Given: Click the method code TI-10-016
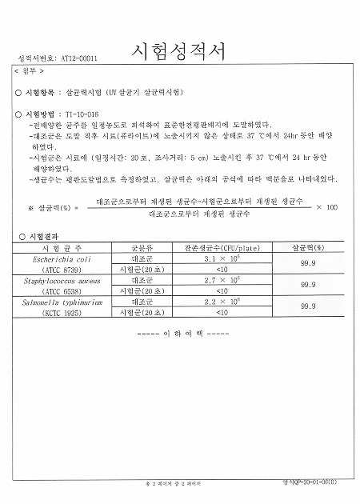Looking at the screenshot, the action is (82, 115).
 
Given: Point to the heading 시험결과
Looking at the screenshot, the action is (46, 238).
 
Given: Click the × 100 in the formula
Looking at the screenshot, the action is (326, 208).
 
